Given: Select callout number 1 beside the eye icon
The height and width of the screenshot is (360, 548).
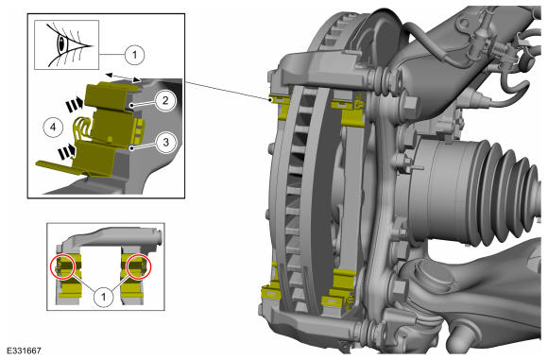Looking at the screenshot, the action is pos(135,55).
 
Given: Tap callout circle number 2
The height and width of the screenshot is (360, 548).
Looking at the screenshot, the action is pos(165,101).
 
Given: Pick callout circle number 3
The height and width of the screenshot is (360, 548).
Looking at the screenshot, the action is pos(165,143).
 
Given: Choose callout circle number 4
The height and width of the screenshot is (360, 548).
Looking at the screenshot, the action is pos(53,127).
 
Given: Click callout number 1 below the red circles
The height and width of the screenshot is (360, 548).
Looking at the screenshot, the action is pos(103,297).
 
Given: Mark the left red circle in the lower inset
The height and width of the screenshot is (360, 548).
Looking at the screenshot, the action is pos(63,266).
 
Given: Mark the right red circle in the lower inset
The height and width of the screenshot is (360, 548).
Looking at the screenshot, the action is pos(139,266).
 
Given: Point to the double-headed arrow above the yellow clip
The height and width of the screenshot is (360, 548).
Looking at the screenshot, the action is pos(124,77).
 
